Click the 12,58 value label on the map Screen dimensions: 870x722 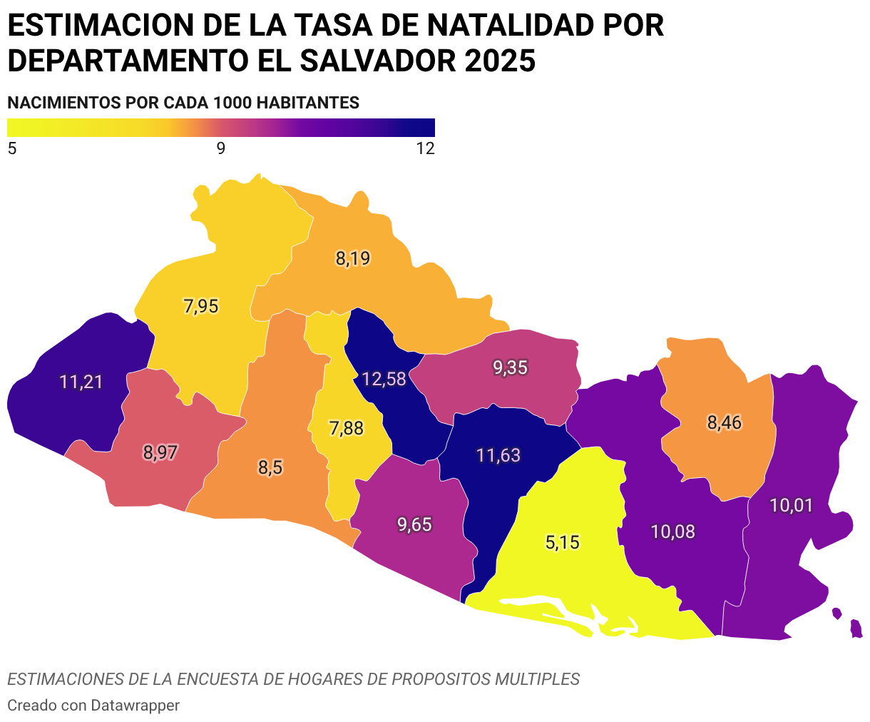384,380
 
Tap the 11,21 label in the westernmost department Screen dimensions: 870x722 81,382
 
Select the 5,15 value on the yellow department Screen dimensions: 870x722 562,542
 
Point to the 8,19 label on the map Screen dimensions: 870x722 352,258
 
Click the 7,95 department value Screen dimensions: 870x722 201,306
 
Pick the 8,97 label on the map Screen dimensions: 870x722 160,452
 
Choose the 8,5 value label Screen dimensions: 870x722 270,467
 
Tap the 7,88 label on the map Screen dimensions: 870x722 347,428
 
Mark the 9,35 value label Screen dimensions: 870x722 510,367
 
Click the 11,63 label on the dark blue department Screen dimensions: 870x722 498,455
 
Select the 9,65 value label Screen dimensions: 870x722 414,524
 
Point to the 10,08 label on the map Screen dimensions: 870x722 672,532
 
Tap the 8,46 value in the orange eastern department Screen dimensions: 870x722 724,422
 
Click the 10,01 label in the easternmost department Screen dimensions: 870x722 791,506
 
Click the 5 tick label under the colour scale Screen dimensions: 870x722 12,149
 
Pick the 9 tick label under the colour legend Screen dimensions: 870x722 221,149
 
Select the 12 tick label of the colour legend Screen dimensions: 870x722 426,149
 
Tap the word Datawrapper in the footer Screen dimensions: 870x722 135,706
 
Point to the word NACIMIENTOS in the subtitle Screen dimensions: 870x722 63,103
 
